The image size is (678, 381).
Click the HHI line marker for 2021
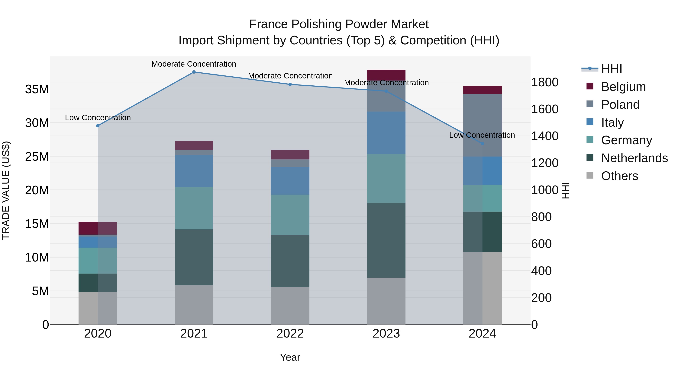point(194,72)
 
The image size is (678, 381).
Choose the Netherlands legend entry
point(634,158)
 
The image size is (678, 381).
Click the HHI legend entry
point(611,69)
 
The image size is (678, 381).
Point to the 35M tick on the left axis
point(37,89)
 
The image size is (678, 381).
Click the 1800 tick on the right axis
point(544,82)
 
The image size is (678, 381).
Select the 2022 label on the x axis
point(290,334)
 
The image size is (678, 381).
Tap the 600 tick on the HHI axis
point(541,244)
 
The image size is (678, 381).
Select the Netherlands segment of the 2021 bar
point(194,257)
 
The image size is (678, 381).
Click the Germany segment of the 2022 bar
point(290,215)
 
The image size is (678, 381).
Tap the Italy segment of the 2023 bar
point(386,133)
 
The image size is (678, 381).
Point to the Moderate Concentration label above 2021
point(194,64)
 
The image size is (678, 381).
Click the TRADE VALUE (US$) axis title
point(6,190)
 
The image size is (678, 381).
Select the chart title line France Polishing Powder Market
point(339,24)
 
